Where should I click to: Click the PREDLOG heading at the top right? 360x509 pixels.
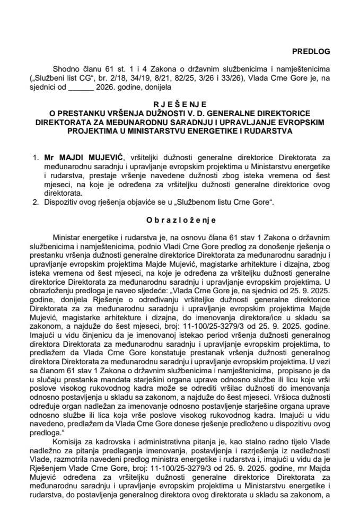pos(311,51)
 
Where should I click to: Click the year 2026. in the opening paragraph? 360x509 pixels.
pos(108,86)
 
